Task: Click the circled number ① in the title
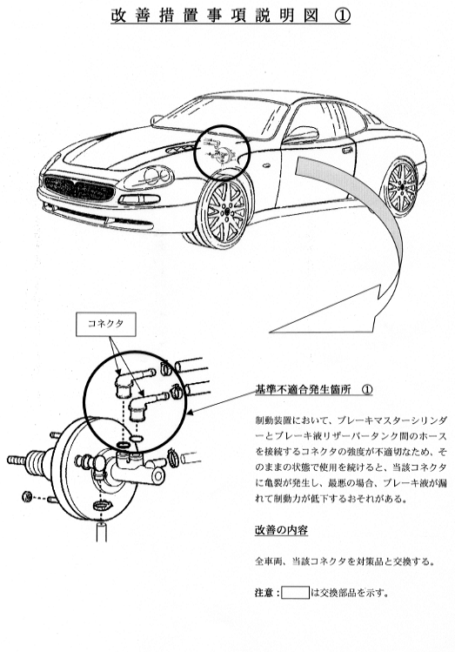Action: tap(342, 16)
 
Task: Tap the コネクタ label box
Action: tap(106, 325)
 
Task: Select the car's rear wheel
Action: tap(400, 187)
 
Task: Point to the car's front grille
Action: tap(79, 189)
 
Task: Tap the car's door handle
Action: tap(347, 149)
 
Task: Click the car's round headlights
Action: tap(155, 177)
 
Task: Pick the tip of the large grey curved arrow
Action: tap(270, 333)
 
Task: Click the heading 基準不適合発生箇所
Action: tap(303, 390)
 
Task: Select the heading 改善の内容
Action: tap(281, 530)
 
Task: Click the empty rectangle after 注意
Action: tap(295, 593)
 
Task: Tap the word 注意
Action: tap(264, 593)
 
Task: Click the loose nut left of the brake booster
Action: tap(27, 496)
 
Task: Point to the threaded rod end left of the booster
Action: tap(17, 460)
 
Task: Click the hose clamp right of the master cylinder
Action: tap(173, 457)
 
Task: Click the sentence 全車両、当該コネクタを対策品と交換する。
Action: tap(345, 561)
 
